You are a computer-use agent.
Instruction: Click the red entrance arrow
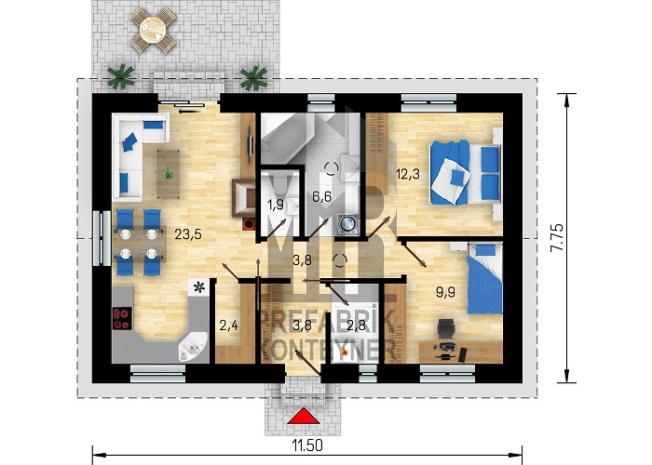tap(304, 416)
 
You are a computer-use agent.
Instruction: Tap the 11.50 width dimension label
tap(307, 445)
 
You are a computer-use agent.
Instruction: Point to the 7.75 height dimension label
tap(557, 237)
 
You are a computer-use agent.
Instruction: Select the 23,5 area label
tap(188, 234)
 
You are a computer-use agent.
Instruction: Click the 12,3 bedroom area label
tap(408, 174)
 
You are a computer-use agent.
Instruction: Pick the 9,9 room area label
tap(445, 292)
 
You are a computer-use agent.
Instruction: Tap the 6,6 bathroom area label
tap(322, 196)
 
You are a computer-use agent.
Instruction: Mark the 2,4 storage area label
tap(229, 325)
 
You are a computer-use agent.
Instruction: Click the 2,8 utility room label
tap(357, 325)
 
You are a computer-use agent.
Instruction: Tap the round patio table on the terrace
tap(153, 30)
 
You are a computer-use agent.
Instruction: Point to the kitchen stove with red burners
tap(122, 318)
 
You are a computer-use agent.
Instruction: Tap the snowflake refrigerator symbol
tap(199, 286)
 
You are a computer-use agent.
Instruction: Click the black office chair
tap(446, 329)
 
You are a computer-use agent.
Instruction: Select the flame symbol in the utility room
tap(345, 352)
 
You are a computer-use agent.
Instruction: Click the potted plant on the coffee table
tap(168, 174)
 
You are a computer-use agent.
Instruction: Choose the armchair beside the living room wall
tap(244, 198)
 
